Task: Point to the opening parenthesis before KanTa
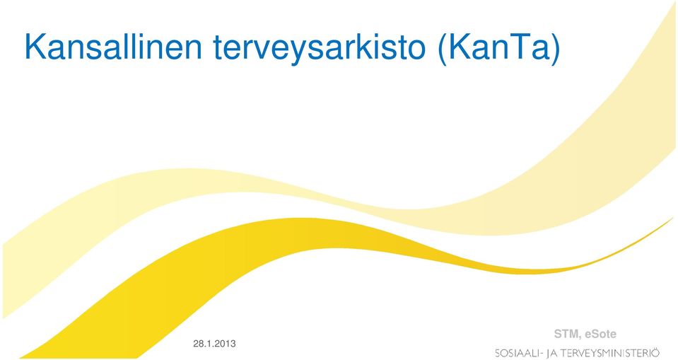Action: tap(443, 49)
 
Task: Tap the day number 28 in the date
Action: tap(198, 344)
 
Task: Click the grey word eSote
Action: tap(601, 334)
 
